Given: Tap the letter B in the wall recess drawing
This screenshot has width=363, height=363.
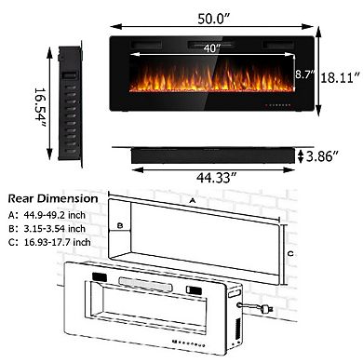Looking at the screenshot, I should tap(121, 225).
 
